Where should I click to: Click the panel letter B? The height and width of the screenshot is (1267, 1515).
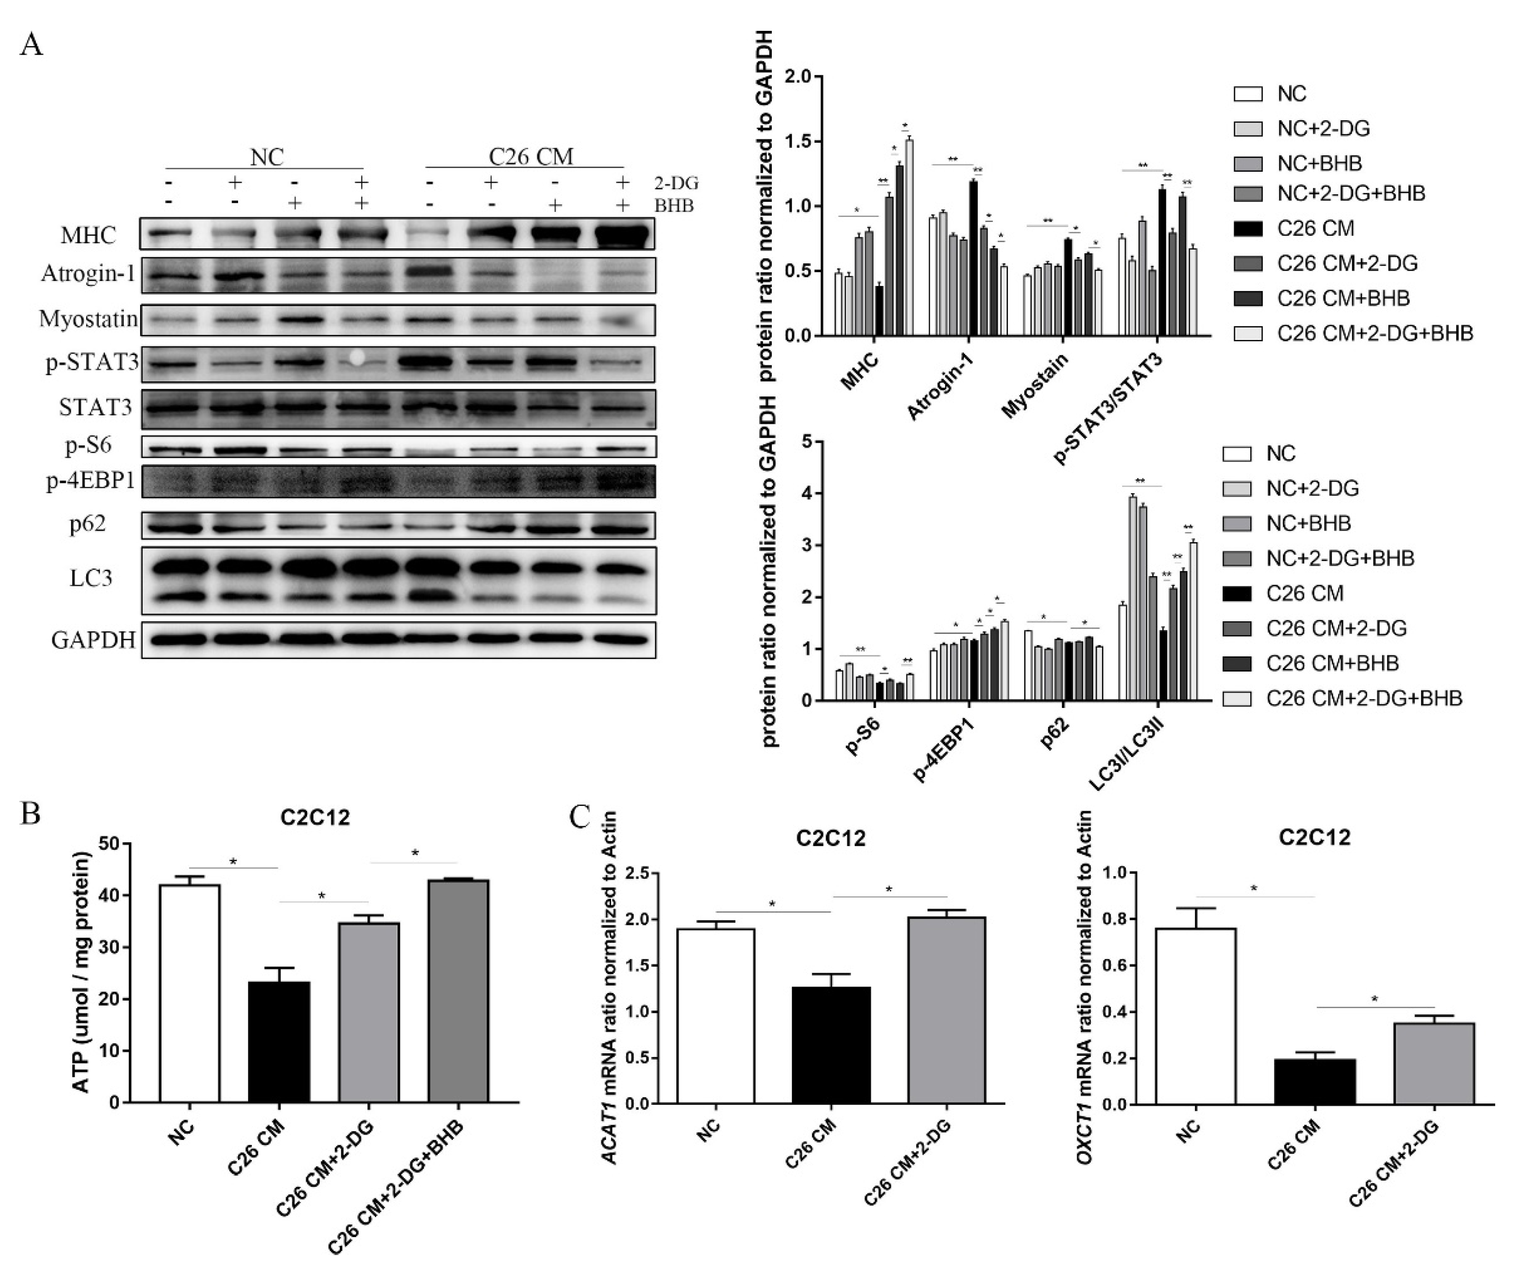[30, 813]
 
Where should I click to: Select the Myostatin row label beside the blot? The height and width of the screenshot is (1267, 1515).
[88, 319]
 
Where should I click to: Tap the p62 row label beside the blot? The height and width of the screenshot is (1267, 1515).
[87, 523]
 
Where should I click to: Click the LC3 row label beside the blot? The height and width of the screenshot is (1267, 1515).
[91, 578]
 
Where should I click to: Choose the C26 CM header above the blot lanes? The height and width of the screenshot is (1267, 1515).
[531, 157]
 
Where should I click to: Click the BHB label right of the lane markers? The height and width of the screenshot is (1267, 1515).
[673, 205]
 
